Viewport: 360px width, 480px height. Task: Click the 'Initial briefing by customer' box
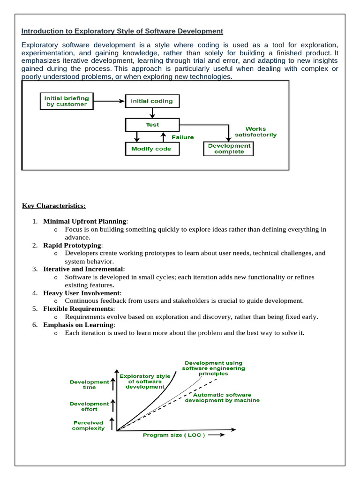(x=66, y=101)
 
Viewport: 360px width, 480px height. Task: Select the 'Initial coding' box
(x=152, y=101)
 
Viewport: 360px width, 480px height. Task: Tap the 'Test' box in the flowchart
(x=152, y=125)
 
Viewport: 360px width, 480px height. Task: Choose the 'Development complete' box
(x=229, y=149)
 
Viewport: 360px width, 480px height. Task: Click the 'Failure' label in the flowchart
(x=182, y=137)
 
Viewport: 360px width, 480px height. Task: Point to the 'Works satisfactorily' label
(x=255, y=132)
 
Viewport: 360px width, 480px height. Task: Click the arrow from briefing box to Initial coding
(x=109, y=101)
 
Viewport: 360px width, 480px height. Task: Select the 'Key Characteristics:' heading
(x=54, y=206)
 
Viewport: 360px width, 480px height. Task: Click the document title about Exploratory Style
(x=122, y=31)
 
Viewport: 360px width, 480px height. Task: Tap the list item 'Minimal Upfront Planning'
(x=85, y=221)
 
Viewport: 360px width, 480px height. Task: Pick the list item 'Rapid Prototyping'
(x=72, y=245)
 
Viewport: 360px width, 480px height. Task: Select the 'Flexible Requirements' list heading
(x=78, y=309)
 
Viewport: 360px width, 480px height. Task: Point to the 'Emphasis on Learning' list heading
(x=79, y=325)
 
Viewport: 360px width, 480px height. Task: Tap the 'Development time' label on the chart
(x=89, y=385)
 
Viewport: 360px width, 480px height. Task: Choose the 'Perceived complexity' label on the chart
(x=88, y=425)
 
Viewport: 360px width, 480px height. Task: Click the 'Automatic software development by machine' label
(x=222, y=397)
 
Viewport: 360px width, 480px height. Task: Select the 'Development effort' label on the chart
(x=89, y=406)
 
